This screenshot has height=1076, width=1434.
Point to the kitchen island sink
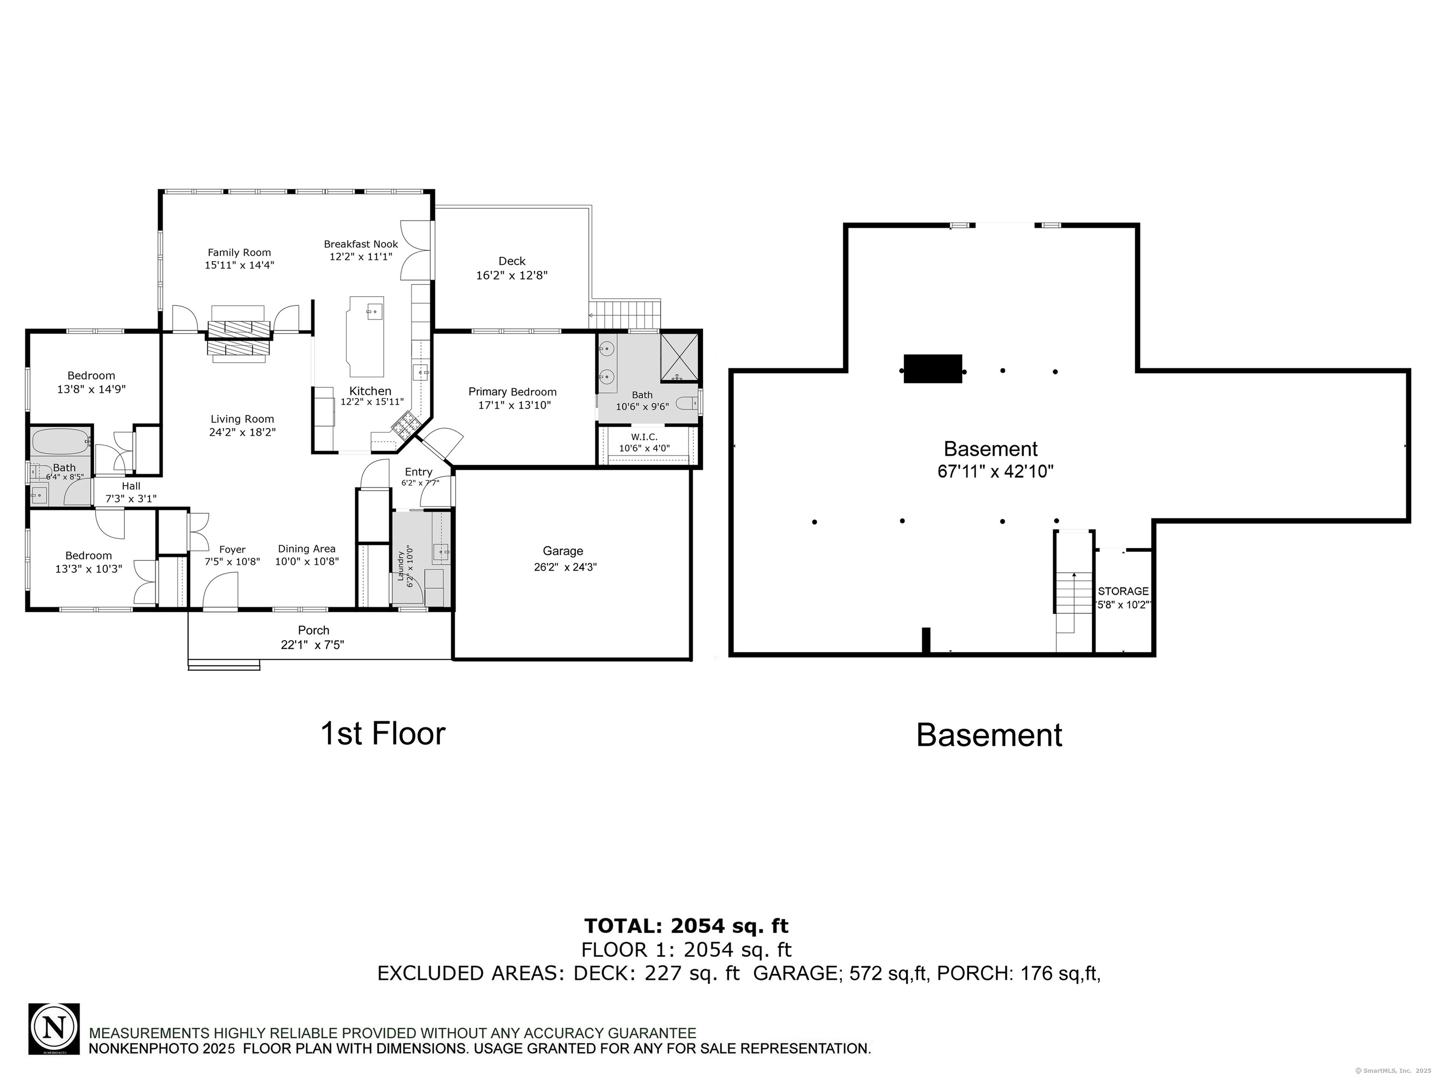(x=374, y=312)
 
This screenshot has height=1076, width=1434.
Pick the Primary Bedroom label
(x=512, y=392)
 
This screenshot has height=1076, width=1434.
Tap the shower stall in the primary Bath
(x=679, y=357)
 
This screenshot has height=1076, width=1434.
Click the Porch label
(x=314, y=630)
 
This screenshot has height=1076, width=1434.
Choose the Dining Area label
(x=307, y=549)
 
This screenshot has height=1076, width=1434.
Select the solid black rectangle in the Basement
(x=932, y=368)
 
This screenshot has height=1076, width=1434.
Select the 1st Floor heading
(x=383, y=734)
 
